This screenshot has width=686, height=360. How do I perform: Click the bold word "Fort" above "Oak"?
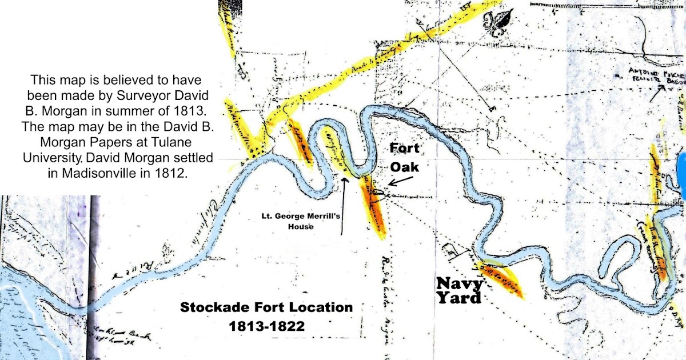coord(404,150)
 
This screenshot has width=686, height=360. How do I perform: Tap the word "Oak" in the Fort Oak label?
coord(404,168)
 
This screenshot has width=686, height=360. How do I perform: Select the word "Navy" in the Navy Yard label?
coord(460,283)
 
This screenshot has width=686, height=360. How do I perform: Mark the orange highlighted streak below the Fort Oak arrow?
coord(374,209)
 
